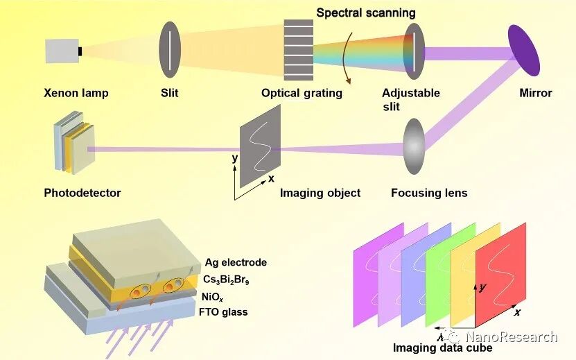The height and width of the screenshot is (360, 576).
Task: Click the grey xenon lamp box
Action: [62, 51]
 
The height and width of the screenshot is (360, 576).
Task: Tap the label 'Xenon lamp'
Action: [76, 93]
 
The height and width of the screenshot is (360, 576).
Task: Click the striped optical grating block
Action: [299, 51]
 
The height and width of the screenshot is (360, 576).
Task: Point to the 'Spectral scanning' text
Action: [366, 12]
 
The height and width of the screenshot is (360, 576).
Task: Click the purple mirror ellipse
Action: [523, 50]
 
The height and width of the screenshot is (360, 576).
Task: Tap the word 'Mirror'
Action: [536, 93]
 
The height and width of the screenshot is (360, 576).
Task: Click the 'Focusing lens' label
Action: [429, 193]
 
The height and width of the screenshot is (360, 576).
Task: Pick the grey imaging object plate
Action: [260, 148]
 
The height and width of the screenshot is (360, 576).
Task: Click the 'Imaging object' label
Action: [320, 193]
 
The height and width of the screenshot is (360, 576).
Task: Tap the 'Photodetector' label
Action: [82, 193]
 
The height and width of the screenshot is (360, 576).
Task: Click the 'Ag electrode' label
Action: [236, 262]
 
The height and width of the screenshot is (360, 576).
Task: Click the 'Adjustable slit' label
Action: [411, 99]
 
